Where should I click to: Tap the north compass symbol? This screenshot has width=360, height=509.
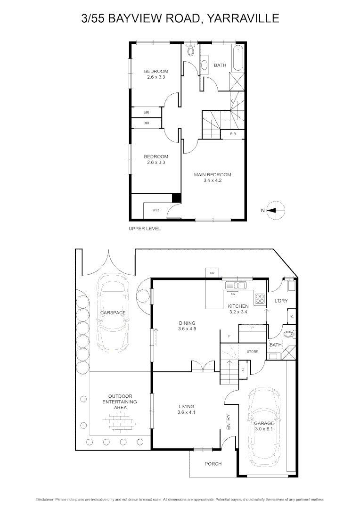(275, 210)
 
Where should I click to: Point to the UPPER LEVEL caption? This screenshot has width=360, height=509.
(145, 229)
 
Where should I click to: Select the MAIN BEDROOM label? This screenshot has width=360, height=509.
(213, 175)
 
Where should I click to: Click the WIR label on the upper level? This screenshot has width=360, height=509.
(155, 210)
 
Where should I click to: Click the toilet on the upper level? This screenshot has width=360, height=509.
(190, 51)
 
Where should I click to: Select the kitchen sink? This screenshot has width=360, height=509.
(235, 285)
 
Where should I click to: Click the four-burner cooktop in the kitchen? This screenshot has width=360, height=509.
(260, 298)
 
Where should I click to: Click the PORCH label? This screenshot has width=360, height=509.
(213, 464)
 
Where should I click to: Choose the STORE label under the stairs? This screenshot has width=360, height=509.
(253, 352)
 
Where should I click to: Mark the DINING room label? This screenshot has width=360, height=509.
(187, 323)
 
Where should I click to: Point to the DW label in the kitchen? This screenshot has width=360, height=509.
(232, 294)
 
